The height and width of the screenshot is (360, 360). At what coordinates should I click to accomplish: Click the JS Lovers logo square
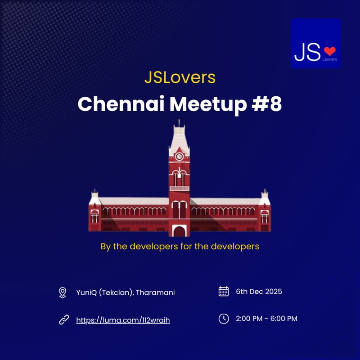[315, 43]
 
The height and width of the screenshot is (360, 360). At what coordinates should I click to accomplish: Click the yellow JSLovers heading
[180, 77]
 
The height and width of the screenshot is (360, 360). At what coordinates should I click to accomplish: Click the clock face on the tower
[179, 157]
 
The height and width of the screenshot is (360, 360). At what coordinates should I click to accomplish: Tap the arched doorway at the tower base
[180, 231]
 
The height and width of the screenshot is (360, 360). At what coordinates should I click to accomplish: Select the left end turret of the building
[94, 211]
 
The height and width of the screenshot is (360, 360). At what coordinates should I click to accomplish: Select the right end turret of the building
[265, 211]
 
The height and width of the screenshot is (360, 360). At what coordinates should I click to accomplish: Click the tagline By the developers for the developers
[180, 247]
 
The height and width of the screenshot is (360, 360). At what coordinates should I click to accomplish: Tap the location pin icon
[63, 293]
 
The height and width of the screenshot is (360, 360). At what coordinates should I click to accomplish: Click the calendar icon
[223, 291]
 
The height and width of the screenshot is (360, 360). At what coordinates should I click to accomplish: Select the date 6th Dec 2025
[259, 291]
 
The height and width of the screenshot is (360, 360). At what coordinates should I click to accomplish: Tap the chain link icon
[63, 320]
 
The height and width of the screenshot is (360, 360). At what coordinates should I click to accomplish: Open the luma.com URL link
[123, 320]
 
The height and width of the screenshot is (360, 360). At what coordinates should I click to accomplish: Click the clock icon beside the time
[223, 319]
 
